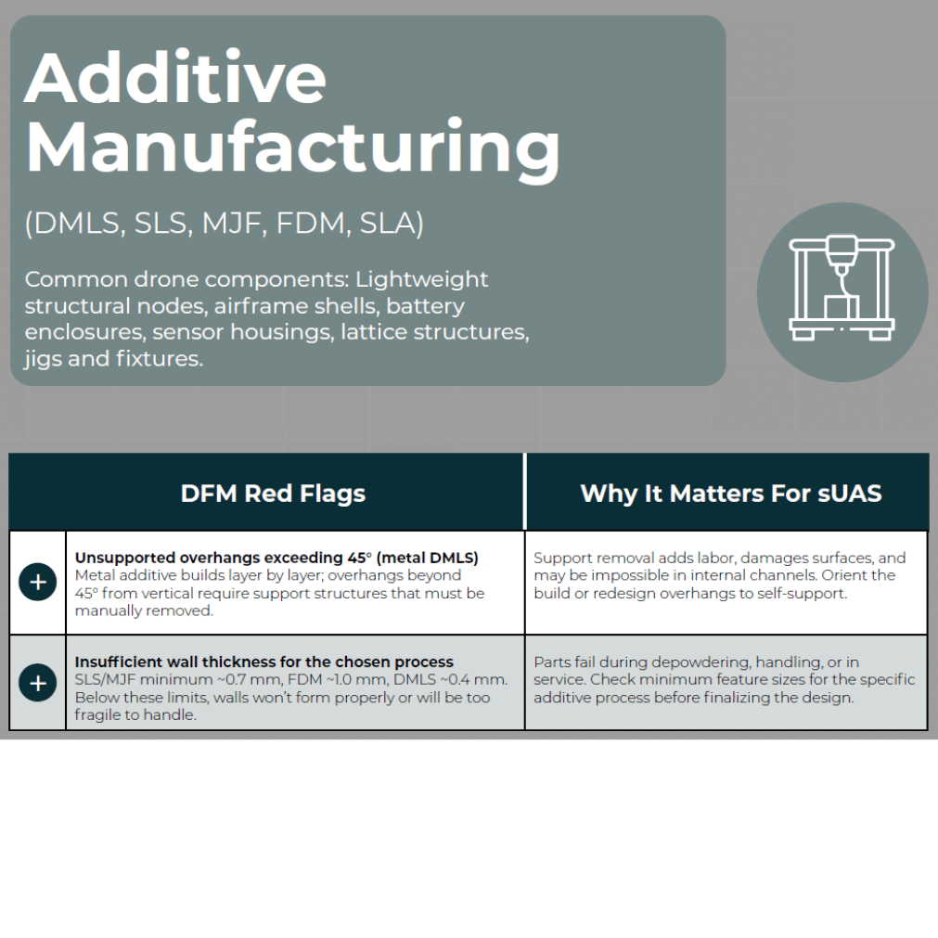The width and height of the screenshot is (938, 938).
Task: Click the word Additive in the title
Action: [x=175, y=78]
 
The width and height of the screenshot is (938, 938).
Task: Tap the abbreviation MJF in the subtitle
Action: [x=232, y=223]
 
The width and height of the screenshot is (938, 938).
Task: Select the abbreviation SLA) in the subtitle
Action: [x=392, y=223]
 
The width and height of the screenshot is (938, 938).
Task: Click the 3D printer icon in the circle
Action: [x=842, y=289]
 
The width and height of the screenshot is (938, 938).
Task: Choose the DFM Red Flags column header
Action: [x=273, y=494]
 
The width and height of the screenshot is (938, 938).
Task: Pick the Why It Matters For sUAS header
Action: [x=731, y=494]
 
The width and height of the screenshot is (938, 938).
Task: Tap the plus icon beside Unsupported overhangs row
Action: [x=38, y=582]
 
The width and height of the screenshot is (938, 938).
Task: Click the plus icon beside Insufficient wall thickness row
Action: [x=38, y=683]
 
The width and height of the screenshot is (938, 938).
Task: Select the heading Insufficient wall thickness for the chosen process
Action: [x=263, y=662]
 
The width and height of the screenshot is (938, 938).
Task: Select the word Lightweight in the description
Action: [x=422, y=279]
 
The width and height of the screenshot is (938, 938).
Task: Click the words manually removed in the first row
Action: [x=144, y=610]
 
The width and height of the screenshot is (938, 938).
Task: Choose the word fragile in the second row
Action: [x=96, y=715]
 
